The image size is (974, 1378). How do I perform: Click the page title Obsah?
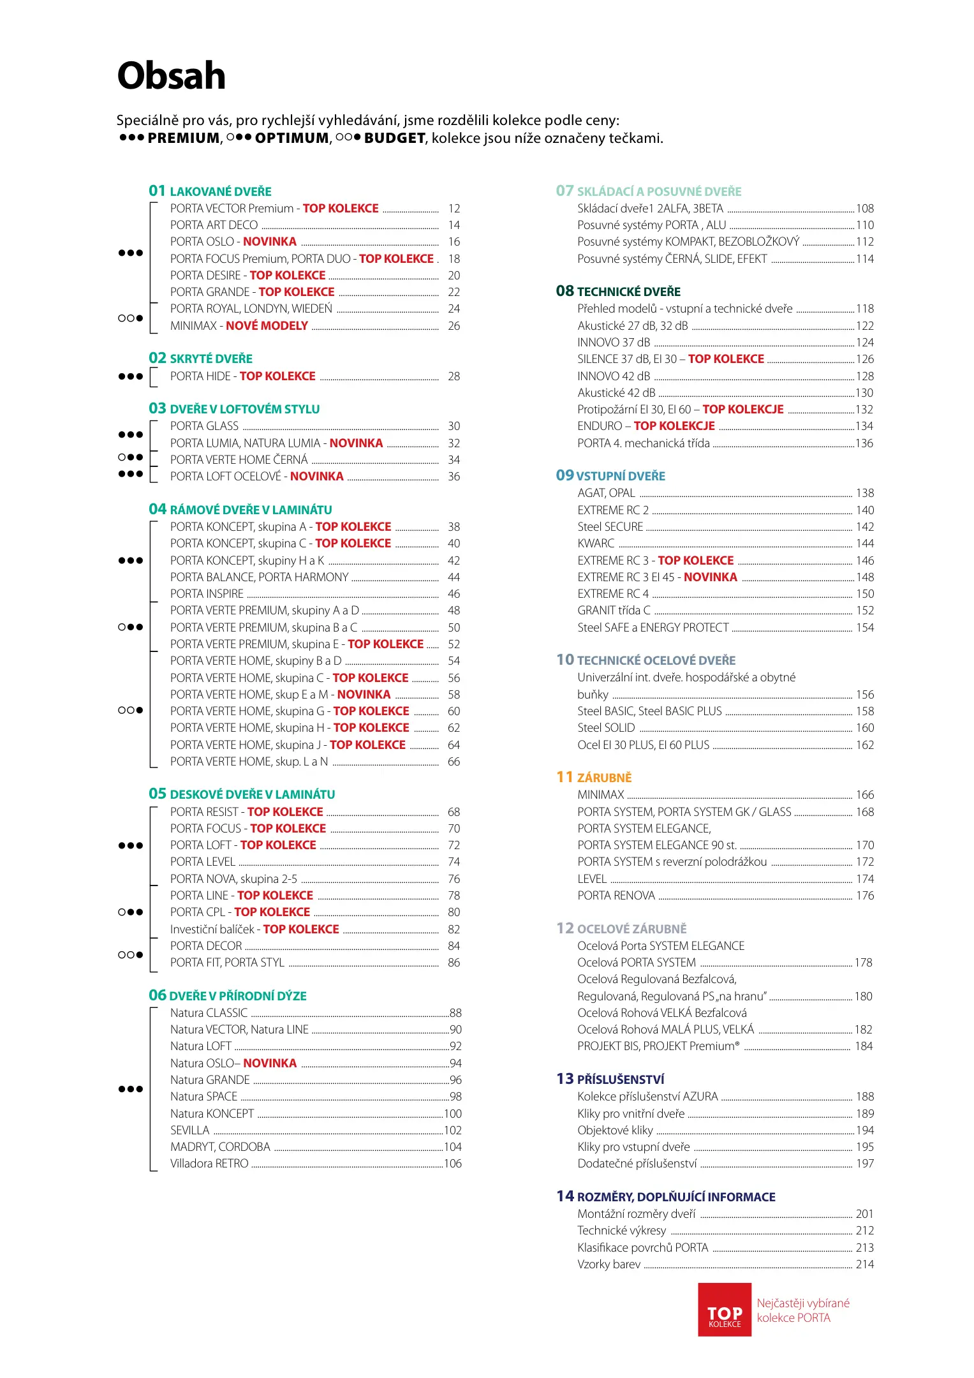pyautogui.click(x=171, y=76)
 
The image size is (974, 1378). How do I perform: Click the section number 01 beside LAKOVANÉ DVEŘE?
pyautogui.click(x=157, y=191)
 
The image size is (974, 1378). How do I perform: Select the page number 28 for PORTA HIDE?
pyautogui.click(x=454, y=376)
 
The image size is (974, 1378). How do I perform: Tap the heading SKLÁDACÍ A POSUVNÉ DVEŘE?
pyautogui.click(x=659, y=191)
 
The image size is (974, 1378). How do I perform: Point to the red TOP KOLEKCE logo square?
pyautogui.click(x=724, y=1309)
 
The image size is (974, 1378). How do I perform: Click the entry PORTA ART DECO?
pyautogui.click(x=214, y=225)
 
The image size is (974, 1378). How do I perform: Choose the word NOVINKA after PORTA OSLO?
pyautogui.click(x=269, y=242)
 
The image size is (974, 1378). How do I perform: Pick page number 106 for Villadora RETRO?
pyautogui.click(x=452, y=1164)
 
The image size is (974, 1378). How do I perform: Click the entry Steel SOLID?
pyautogui.click(x=606, y=728)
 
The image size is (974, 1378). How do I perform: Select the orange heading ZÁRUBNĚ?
pyautogui.click(x=604, y=778)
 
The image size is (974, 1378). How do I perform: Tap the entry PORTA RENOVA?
pyautogui.click(x=616, y=896)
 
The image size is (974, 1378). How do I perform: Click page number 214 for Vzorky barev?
pyautogui.click(x=864, y=1264)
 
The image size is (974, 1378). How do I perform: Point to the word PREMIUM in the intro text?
pyautogui.click(x=184, y=138)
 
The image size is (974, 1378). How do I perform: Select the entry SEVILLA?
pyautogui.click(x=189, y=1130)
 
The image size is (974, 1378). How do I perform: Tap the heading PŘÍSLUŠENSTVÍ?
pyautogui.click(x=620, y=1079)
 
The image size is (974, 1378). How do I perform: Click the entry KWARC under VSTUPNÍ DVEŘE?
pyautogui.click(x=596, y=544)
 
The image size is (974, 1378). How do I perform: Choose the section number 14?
pyautogui.click(x=565, y=1196)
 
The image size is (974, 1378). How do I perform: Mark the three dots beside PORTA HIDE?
pyautogui.click(x=131, y=376)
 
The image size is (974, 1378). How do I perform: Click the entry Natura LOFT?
pyautogui.click(x=200, y=1046)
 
